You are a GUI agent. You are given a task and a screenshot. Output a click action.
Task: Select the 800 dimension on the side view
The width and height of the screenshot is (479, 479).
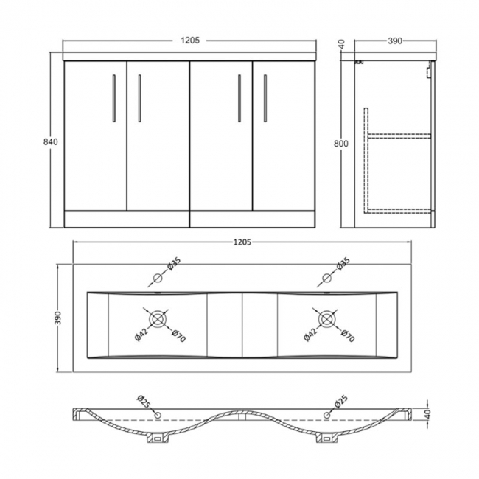tap(340, 144)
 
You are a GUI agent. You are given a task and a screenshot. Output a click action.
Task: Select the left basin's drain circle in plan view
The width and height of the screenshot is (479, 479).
tap(157, 319)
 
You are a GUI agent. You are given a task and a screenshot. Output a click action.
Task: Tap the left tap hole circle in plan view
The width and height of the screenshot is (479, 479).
tap(157, 279)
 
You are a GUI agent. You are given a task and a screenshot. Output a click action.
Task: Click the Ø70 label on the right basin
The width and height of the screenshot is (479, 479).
tap(346, 337)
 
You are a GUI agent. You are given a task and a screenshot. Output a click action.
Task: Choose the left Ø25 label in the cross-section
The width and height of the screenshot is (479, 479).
tap(141, 403)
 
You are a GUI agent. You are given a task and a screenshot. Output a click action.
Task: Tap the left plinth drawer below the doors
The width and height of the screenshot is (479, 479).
tap(127, 218)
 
